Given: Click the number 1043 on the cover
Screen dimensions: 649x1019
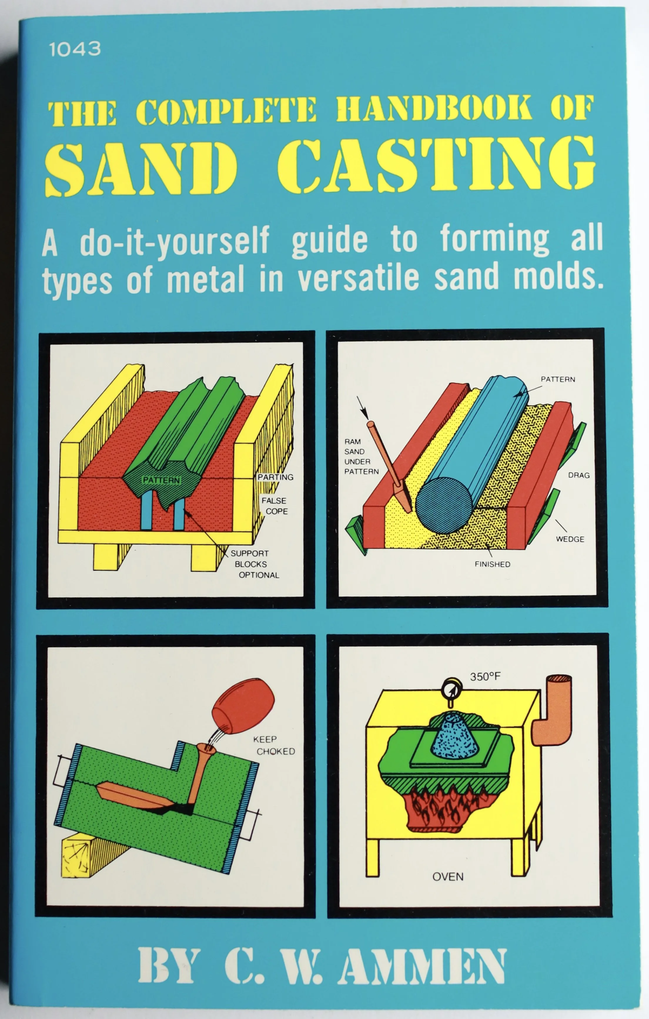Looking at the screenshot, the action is pos(75,49).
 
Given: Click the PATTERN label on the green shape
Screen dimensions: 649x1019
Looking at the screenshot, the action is pos(161,480).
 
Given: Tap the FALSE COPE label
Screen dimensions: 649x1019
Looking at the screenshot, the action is pos(275,506).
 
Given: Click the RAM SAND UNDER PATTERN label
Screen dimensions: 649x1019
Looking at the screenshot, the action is pos(361,457).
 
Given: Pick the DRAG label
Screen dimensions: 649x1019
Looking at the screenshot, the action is pos(578,475).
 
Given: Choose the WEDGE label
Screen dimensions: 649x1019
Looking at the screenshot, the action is pos(570,539).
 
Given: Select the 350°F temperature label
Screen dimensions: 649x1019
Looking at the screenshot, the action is pos(485,676).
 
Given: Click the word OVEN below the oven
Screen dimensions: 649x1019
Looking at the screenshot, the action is pos(448,876).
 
